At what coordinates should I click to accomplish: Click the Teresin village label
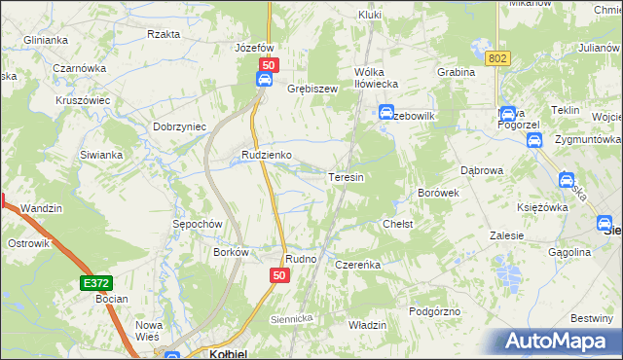click(x=346, y=177)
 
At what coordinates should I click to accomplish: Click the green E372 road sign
click(x=95, y=282)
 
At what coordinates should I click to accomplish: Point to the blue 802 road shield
click(x=499, y=58)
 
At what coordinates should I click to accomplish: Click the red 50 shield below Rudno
click(x=278, y=277)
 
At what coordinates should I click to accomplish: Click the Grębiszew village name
click(x=311, y=88)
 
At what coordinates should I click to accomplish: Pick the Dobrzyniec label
click(x=177, y=126)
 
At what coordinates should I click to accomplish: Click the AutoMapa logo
click(x=559, y=342)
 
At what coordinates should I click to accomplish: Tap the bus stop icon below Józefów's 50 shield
click(x=264, y=81)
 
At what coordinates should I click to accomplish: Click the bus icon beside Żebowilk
click(x=385, y=112)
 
